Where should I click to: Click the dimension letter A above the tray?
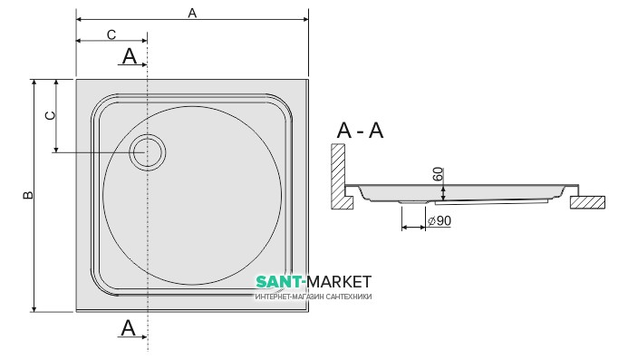point(192,14)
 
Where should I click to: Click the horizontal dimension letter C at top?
point(111,35)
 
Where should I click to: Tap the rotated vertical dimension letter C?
point(50,115)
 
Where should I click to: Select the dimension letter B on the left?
point(27,195)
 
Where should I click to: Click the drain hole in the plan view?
point(148,152)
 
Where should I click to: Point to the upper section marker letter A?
point(130,56)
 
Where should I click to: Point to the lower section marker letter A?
point(128,328)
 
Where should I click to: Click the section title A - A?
point(360,131)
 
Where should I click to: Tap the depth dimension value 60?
point(439,174)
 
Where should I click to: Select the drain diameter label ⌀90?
point(440,221)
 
